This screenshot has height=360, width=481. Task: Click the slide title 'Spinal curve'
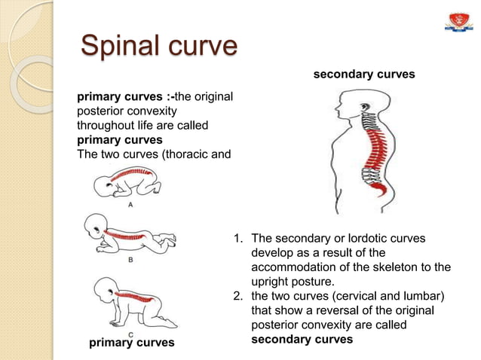(159, 46)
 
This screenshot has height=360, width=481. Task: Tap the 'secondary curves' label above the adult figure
(363, 75)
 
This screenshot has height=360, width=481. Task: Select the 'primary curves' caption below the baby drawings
(132, 343)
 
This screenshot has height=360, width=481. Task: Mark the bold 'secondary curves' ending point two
(302, 340)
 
